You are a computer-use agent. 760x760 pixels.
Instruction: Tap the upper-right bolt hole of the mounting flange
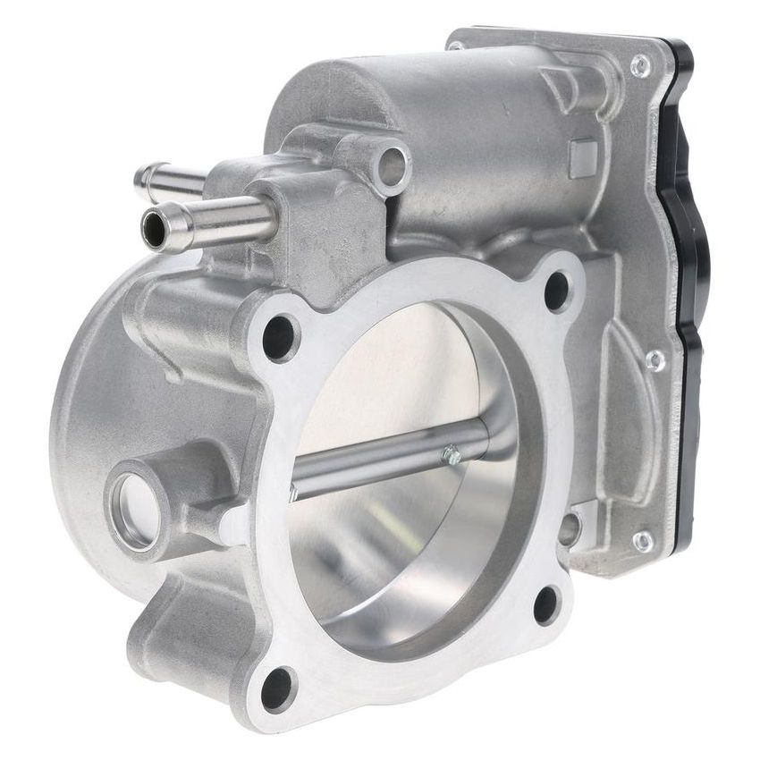click(556, 290)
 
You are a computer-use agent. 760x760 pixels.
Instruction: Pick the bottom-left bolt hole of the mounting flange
click(277, 688)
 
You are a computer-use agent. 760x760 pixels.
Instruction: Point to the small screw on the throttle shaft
click(452, 457)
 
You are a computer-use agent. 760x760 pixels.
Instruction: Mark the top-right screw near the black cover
click(640, 63)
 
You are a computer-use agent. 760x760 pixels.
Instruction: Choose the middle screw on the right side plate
click(654, 359)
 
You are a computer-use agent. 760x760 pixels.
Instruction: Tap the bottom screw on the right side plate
click(642, 541)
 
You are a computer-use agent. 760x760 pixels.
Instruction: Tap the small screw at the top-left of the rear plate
click(457, 44)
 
